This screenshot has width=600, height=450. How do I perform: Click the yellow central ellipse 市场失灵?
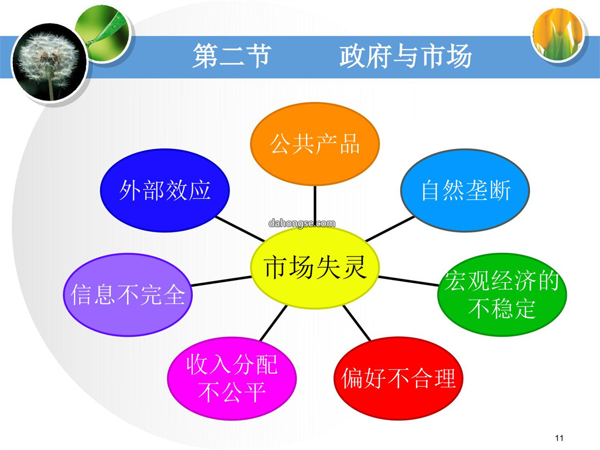point(314,267)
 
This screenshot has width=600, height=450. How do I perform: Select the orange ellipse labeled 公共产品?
point(314,144)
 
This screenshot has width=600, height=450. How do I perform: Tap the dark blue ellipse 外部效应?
point(164,190)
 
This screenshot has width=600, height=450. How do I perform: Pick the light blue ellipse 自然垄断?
point(465,190)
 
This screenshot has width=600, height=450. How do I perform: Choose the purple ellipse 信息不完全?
point(128,294)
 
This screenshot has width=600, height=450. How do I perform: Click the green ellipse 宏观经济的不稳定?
point(502,294)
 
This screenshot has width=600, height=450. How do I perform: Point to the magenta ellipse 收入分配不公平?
point(232,378)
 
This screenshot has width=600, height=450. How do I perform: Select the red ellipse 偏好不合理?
point(398,378)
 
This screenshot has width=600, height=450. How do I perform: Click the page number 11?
point(559,438)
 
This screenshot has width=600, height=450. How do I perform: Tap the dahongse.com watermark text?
point(302,223)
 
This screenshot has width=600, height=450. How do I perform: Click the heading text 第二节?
point(232,56)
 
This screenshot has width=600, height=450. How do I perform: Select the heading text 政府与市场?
point(406,56)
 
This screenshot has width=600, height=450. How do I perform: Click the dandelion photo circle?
point(49,62)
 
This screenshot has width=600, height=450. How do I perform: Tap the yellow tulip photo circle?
point(558,34)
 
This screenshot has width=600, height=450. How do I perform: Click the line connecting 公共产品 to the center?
point(315,207)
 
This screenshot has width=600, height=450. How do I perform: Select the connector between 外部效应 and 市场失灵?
point(241,229)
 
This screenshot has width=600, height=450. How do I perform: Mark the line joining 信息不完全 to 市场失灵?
point(222,281)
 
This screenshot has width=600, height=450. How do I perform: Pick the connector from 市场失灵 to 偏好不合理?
point(357,323)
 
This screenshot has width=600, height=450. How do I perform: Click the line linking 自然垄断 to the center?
point(390,229)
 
